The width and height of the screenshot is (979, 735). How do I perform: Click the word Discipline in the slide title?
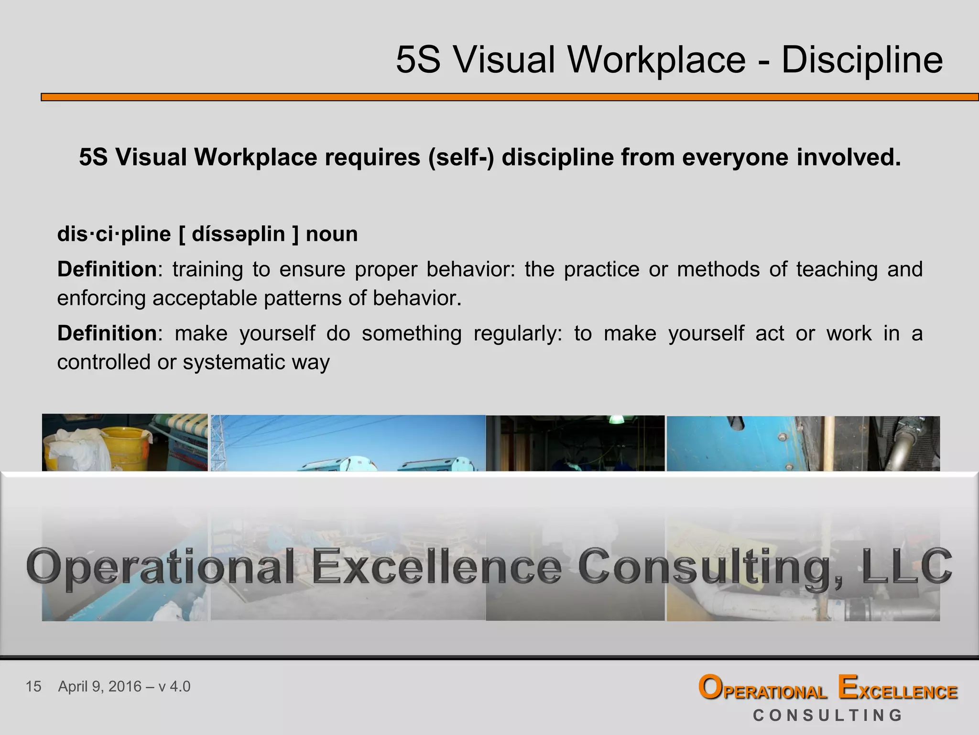click(x=862, y=60)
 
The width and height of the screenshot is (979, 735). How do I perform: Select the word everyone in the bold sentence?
click(x=735, y=157)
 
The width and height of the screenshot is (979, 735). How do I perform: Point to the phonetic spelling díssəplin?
click(x=239, y=234)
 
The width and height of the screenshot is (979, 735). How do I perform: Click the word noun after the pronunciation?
click(x=331, y=234)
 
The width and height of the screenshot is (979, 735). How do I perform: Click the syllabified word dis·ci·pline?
click(x=114, y=234)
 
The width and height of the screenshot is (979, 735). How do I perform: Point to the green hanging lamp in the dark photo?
click(x=616, y=419)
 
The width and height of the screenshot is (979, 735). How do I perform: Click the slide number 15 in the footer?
click(x=33, y=687)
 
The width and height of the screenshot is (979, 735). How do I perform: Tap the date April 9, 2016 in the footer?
click(x=100, y=687)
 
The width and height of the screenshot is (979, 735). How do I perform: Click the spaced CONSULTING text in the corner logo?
click(x=827, y=715)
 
